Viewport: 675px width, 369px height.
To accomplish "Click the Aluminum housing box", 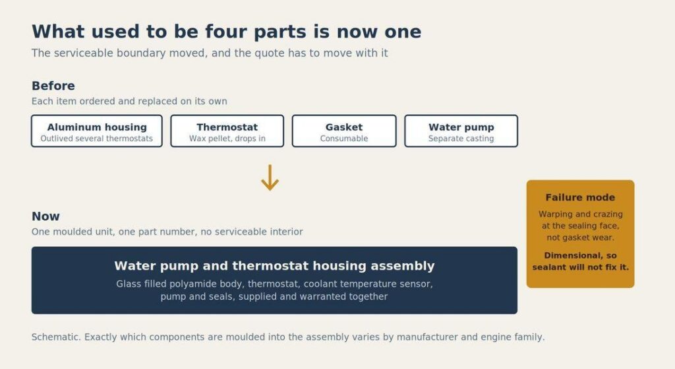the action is tap(97, 131).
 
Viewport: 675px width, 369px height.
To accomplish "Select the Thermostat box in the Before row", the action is tap(227, 131).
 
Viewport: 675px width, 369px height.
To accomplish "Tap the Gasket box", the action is tap(344, 131).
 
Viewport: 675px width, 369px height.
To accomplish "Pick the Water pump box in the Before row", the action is tap(461, 131).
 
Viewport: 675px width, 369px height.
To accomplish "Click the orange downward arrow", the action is tap(270, 177).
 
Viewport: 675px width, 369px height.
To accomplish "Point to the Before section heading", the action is tap(53, 86).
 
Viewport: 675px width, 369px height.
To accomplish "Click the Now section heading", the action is tap(45, 217).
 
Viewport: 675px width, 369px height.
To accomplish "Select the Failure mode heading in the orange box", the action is tap(580, 197).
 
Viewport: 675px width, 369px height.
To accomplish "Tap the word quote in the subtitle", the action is tap(270, 53).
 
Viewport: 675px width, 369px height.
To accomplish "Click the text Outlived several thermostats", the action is tap(96, 139).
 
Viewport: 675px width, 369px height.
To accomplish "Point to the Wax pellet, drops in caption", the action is tap(227, 139).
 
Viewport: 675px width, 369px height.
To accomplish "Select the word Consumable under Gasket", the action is tap(344, 139).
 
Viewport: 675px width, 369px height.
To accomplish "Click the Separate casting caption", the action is tap(461, 139).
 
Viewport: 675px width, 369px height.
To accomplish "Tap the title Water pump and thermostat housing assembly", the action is tap(274, 266).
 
